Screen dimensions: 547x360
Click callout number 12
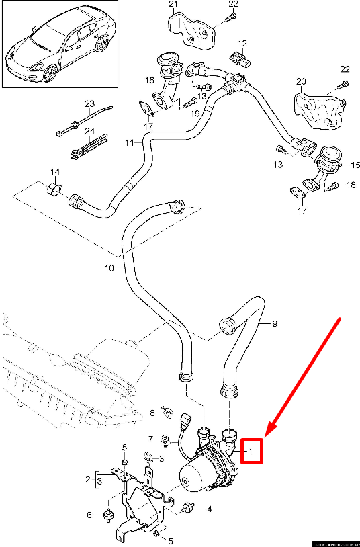tap(242, 43)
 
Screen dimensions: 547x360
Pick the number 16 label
tap(149, 80)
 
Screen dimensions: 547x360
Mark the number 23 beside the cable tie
tap(90, 103)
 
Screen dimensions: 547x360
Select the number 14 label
tap(53, 173)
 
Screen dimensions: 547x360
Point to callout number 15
tap(355, 163)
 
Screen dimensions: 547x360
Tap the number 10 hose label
tap(109, 268)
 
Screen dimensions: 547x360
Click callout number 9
tap(275, 323)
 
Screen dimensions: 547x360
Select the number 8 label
tap(152, 412)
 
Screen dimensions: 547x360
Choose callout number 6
tap(89, 515)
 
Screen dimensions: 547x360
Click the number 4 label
tap(209, 509)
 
